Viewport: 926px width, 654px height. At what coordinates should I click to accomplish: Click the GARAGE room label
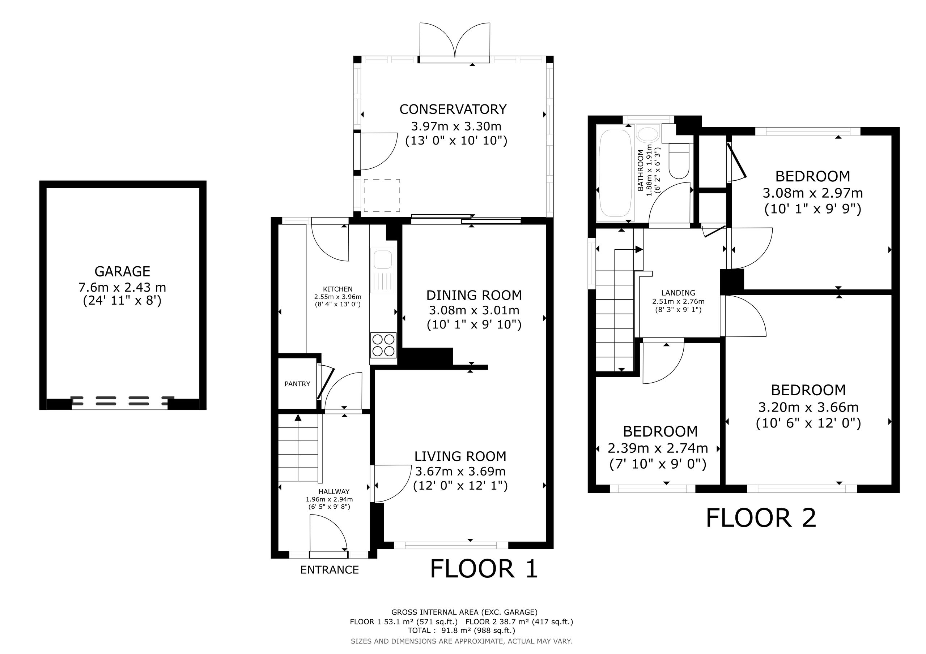pyautogui.click(x=122, y=271)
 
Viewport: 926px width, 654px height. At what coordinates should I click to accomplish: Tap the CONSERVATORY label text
pyautogui.click(x=453, y=109)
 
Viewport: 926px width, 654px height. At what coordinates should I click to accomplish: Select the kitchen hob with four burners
pyautogui.click(x=383, y=345)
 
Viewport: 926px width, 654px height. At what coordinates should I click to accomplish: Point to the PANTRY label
pyautogui.click(x=297, y=384)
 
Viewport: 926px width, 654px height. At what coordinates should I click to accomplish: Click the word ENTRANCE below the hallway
pyautogui.click(x=330, y=570)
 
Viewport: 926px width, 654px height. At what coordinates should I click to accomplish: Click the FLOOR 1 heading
pyautogui.click(x=484, y=569)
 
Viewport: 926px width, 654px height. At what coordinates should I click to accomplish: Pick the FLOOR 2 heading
pyautogui.click(x=761, y=518)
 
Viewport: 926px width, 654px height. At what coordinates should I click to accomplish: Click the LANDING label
pyautogui.click(x=678, y=293)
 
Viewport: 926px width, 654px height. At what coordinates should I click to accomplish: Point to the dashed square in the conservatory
pyautogui.click(x=382, y=195)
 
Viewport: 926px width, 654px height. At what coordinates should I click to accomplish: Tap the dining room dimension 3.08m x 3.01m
pyautogui.click(x=474, y=310)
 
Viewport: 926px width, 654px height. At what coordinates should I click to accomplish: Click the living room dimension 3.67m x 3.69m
pyautogui.click(x=460, y=471)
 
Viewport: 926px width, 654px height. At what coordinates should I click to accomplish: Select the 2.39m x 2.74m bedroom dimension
pyautogui.click(x=658, y=448)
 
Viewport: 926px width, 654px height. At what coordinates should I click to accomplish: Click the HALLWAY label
pyautogui.click(x=334, y=492)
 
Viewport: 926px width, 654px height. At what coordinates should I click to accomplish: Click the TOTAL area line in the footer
pyautogui.click(x=462, y=631)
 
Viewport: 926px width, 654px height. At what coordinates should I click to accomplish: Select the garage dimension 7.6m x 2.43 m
pyautogui.click(x=122, y=287)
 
